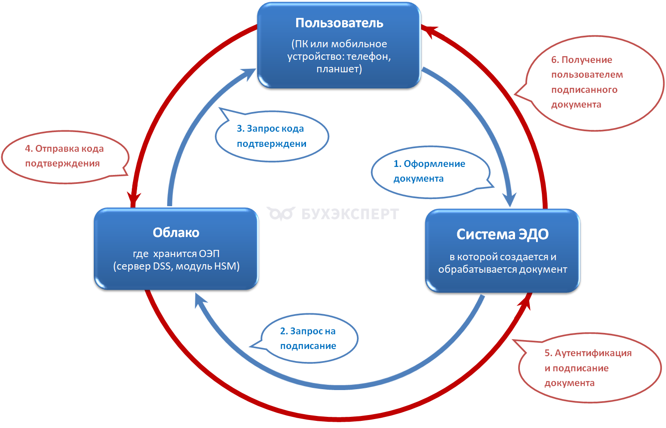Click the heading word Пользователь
pos(339,23)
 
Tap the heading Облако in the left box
pos(176,233)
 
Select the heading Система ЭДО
pos(502,234)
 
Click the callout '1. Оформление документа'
pos(429,171)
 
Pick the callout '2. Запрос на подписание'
pos(308,338)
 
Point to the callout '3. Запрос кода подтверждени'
pos(271,136)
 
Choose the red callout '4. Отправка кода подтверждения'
pos(64,156)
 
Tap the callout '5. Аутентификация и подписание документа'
pos(587,368)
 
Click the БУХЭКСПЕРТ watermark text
pos(350,214)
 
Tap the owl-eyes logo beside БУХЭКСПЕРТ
pos(281,214)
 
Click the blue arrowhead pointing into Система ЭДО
pos(510,199)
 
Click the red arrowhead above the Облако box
pos(133,199)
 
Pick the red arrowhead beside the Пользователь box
pos(430,31)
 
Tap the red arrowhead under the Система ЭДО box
pos(525,302)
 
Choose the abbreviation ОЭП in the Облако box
pos(209,254)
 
